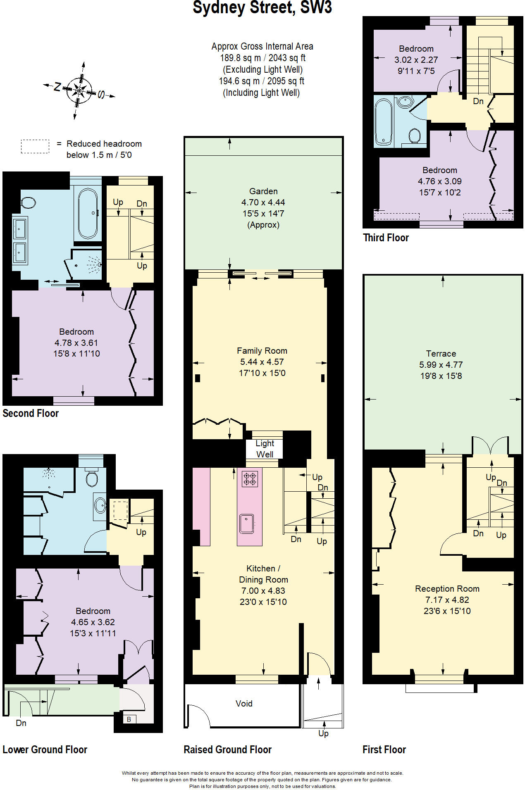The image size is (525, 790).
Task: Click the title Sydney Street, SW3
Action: tap(262, 8)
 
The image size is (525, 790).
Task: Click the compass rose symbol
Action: tap(79, 90)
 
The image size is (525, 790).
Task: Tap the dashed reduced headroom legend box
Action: tap(35, 146)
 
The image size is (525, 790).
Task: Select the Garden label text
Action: tap(263, 191)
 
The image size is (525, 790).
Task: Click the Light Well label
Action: tap(265, 449)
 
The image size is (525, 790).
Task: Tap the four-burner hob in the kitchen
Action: tap(250, 478)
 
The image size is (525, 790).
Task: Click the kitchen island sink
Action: tap(246, 523)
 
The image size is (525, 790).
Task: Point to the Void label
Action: tap(244, 704)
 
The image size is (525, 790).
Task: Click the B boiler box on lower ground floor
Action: tap(129, 719)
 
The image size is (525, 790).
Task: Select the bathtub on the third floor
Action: tap(383, 122)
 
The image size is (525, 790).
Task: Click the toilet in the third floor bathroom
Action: tap(414, 136)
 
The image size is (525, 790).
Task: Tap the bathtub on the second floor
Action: tap(88, 213)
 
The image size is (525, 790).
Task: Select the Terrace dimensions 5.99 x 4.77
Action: tap(441, 365)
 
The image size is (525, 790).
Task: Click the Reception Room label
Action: tap(447, 589)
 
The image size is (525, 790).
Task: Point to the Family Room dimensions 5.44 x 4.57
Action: tap(262, 362)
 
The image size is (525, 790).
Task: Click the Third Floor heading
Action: tap(386, 238)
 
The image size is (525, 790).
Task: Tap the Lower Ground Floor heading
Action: tap(45, 750)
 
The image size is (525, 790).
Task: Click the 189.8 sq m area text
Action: tap(262, 58)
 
